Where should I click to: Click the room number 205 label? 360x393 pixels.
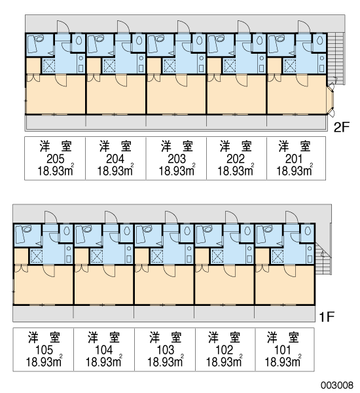tap(56, 159)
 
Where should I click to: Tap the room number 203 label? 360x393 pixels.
tap(177, 159)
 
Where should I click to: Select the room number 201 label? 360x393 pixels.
tap(294, 159)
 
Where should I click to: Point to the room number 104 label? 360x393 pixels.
tap(104, 350)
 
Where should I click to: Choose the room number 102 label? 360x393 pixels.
tap(224, 350)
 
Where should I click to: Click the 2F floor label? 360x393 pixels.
tap(342, 128)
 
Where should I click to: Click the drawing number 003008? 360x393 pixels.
tap(337, 385)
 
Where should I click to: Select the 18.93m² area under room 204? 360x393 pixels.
tap(115, 170)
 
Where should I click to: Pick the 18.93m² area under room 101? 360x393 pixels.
tap(283, 362)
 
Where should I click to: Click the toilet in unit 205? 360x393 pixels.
tap(79, 40)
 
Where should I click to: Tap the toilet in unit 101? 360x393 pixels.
tap(308, 231)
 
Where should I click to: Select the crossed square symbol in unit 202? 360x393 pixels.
tap(229, 66)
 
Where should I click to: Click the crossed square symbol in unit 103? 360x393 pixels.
tap(156, 256)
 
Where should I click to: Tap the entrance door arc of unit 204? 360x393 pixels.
tap(123, 27)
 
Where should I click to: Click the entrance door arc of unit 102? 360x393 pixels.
tap(231, 217)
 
